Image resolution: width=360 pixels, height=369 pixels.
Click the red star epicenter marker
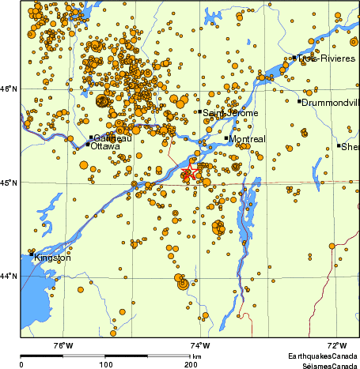[x=190, y=173]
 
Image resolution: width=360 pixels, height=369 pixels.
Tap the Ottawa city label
[x=106, y=147]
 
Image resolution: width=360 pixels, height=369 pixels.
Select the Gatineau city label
[x=112, y=138]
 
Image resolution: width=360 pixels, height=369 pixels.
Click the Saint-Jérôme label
[x=227, y=113]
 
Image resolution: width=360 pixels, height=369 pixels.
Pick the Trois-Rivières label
[x=325, y=58]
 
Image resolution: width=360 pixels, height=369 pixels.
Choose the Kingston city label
[x=52, y=258]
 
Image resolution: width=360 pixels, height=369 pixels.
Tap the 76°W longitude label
[x=63, y=345]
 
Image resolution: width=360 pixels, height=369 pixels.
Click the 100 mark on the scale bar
[x=105, y=364]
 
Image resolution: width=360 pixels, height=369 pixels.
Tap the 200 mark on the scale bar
[x=190, y=364]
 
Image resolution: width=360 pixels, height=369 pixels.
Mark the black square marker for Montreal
[x=226, y=138]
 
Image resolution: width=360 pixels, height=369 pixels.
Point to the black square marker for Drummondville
[x=300, y=101]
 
